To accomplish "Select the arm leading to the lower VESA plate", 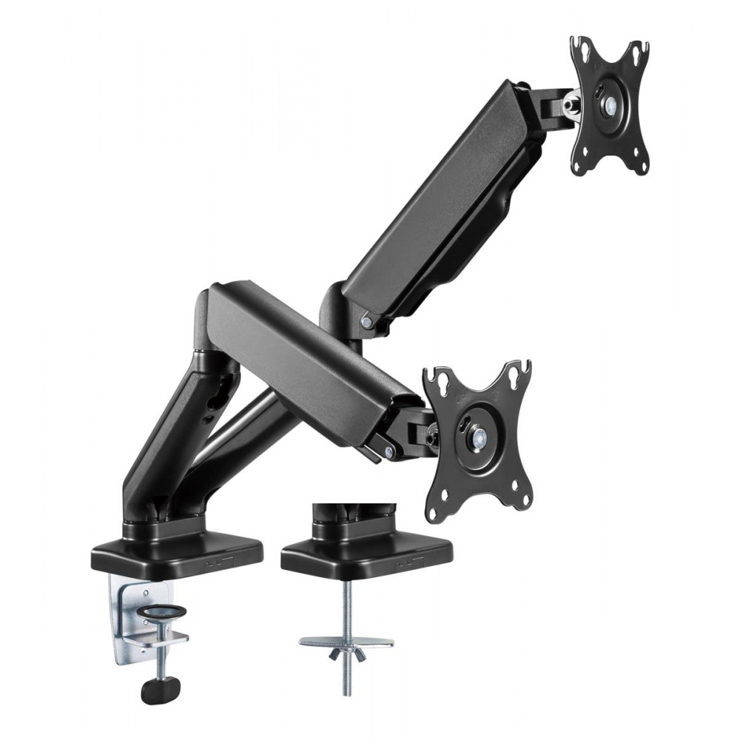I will [311, 355].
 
